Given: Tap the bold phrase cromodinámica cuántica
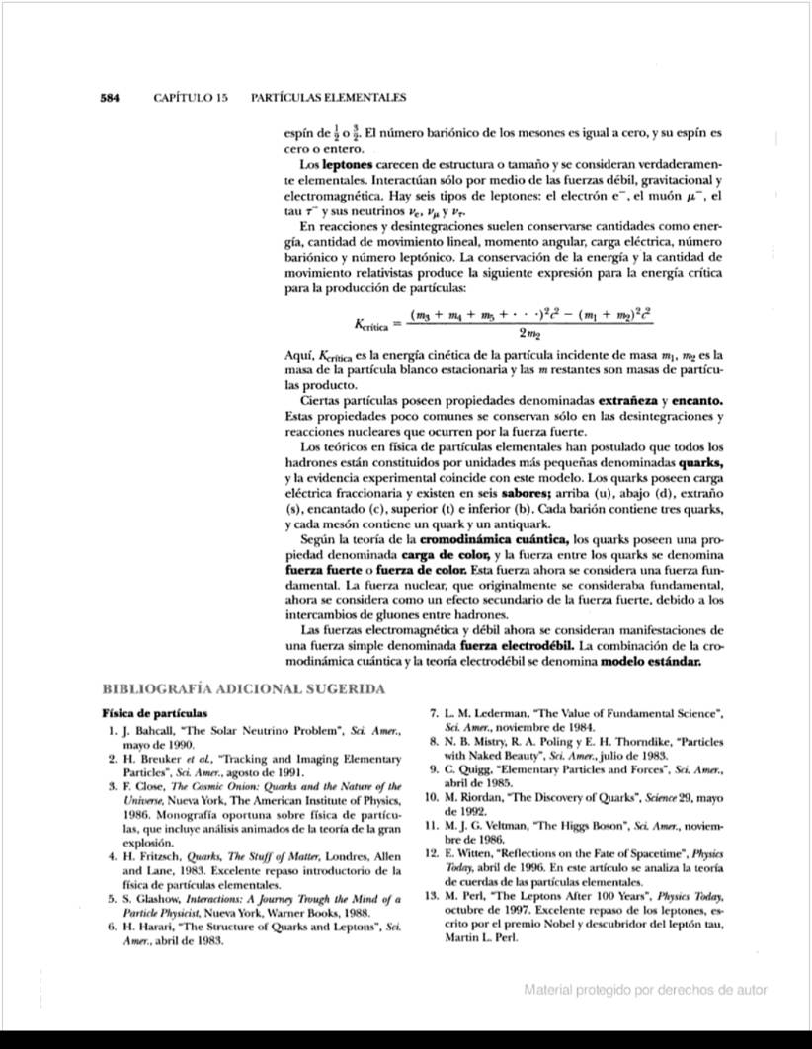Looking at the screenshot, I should coord(494,539).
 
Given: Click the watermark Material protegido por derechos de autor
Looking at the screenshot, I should coord(645,990).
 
